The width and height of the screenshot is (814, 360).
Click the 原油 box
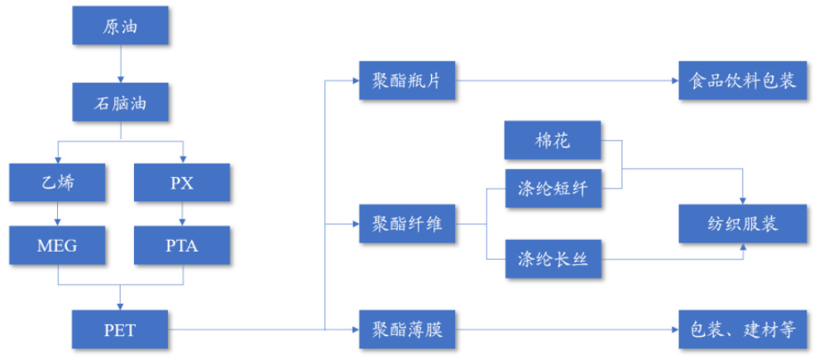pyautogui.click(x=121, y=26)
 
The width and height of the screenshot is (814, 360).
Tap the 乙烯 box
pyautogui.click(x=58, y=183)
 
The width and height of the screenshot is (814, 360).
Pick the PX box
pyautogui.click(x=183, y=183)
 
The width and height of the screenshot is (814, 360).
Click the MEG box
pyautogui.click(x=58, y=246)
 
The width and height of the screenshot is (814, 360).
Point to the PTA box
pyautogui.click(x=183, y=246)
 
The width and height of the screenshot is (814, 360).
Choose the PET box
pyautogui.click(x=121, y=329)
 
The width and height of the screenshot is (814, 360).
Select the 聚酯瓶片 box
pyautogui.click(x=407, y=81)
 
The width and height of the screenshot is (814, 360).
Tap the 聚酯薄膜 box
pyautogui.click(x=407, y=329)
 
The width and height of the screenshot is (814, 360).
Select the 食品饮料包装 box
pyautogui.click(x=743, y=81)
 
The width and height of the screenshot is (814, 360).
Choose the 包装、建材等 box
pyautogui.click(x=743, y=329)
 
